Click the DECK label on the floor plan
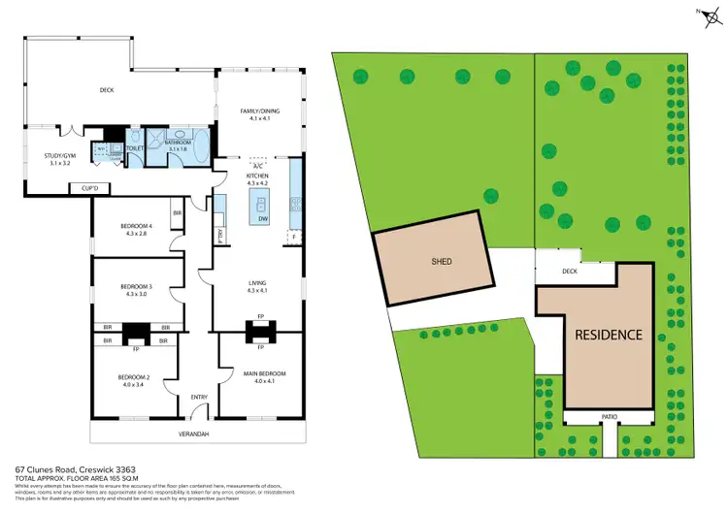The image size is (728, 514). coord(107,90)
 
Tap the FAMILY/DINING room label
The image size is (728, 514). coord(259,112)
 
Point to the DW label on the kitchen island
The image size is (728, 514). coord(262,220)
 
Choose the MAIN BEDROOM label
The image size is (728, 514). coord(260,373)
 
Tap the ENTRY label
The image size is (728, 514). coord(199,397)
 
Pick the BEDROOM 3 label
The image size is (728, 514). coord(135,287)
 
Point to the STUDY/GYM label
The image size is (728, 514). coord(60,155)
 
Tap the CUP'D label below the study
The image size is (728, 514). coord(90,186)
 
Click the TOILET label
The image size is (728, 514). coord(135,149)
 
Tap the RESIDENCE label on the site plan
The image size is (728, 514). coord(608,335)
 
